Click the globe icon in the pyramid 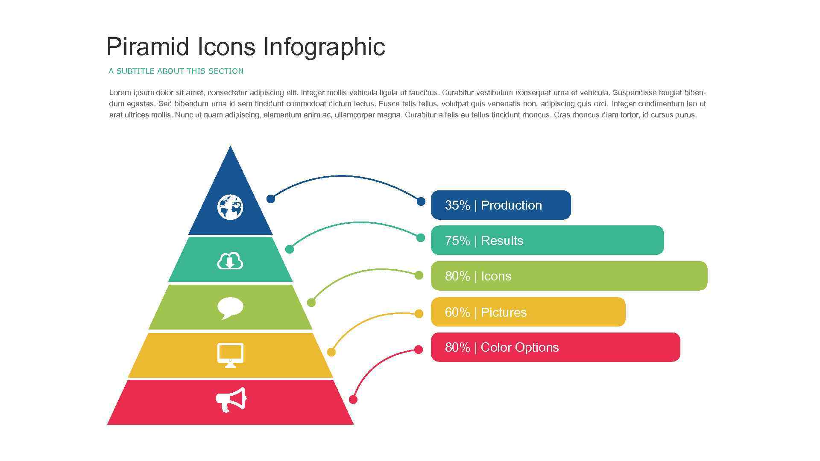click(230, 207)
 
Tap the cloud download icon click(230, 261)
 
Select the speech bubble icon click(230, 307)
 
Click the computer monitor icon click(230, 355)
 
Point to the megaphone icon click(231, 400)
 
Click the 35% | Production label click(493, 205)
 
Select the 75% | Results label click(484, 241)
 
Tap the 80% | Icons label click(478, 276)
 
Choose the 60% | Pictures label click(486, 312)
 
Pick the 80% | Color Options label click(501, 347)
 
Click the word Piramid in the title click(147, 47)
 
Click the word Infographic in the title click(324, 47)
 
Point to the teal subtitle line click(176, 71)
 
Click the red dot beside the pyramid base click(353, 400)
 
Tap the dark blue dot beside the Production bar click(421, 201)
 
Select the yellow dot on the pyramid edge click(331, 352)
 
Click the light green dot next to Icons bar click(419, 275)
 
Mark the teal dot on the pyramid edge click(290, 249)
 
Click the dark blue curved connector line click(342, 175)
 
